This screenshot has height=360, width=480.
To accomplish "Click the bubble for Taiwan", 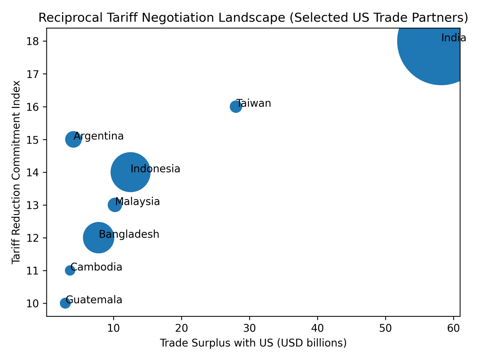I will point(236,106).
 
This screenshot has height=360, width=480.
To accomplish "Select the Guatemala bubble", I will point(65,303).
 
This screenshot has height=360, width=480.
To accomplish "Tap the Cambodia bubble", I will point(70,270).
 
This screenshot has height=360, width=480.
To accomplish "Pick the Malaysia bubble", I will point(115,205).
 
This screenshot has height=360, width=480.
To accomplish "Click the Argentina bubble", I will point(73,139).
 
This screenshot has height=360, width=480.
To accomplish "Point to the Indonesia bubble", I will point(130,172).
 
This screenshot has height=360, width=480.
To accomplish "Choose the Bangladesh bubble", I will point(98,238).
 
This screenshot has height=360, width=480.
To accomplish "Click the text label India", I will point(454,38).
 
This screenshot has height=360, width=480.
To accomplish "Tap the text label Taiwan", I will point(254,103).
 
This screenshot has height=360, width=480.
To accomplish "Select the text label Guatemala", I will point(94,300).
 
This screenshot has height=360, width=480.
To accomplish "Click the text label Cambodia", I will point(96,267).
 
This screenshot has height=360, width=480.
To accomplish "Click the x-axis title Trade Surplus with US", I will point(253,343).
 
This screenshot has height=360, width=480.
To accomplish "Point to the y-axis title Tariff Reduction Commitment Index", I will point(16,172).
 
